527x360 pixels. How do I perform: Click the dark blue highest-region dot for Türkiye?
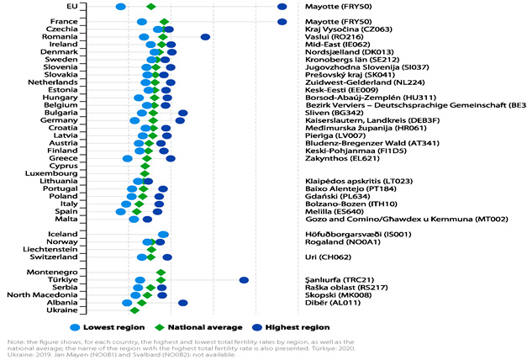coord(244,280)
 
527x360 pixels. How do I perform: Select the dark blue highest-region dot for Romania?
coord(205,37)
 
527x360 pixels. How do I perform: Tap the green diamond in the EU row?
coord(151,7)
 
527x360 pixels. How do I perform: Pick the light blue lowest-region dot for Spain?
coord(120,211)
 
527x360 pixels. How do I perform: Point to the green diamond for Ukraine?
coord(134,310)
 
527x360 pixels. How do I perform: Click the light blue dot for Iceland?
coord(163,234)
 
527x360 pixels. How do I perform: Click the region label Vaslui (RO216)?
coord(329,37)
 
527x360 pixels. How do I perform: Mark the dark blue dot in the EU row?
coord(282,7)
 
